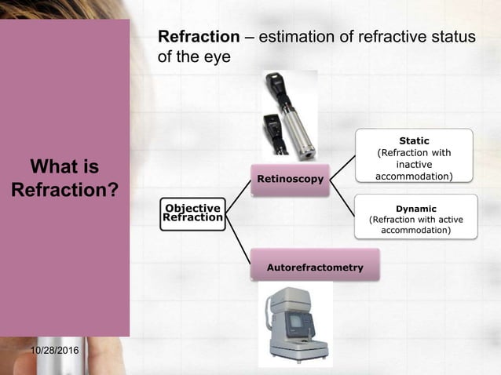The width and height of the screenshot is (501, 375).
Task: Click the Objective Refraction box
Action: click(x=192, y=213)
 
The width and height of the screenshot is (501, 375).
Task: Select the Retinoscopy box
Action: click(x=290, y=180)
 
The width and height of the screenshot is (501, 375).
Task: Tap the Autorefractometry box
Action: click(x=315, y=267)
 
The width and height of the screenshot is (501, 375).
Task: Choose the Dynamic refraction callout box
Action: click(x=415, y=217)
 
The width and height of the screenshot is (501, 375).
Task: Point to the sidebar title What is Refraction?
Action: click(x=65, y=178)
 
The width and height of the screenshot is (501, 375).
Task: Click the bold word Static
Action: click(x=414, y=140)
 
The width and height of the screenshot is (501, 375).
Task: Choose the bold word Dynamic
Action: click(x=415, y=209)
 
